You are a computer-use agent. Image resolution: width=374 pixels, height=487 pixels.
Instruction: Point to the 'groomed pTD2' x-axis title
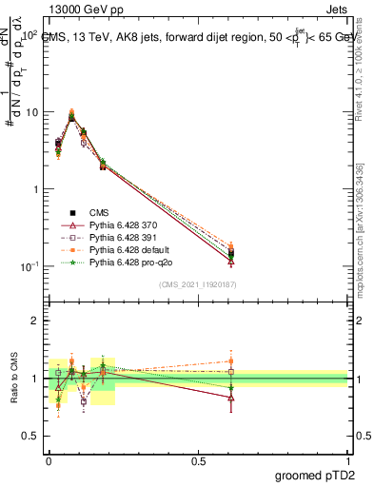click(311, 475)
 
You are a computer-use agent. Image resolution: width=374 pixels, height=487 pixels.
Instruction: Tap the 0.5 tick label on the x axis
click(198, 459)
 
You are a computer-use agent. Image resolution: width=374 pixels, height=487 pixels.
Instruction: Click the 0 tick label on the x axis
click(49, 459)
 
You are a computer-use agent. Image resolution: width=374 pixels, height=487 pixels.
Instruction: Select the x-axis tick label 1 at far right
click(347, 459)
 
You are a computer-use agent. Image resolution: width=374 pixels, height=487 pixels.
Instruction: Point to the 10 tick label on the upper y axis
click(31, 112)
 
